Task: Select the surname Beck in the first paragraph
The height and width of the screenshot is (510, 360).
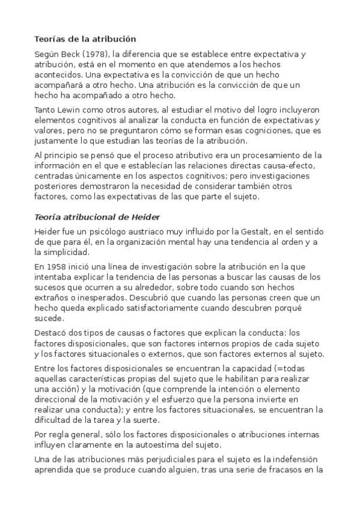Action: [73, 54]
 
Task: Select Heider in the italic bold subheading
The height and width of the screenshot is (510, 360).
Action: [143, 217]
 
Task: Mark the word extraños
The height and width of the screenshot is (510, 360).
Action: [52, 298]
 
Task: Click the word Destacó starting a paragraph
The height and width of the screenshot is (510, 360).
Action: [52, 333]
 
